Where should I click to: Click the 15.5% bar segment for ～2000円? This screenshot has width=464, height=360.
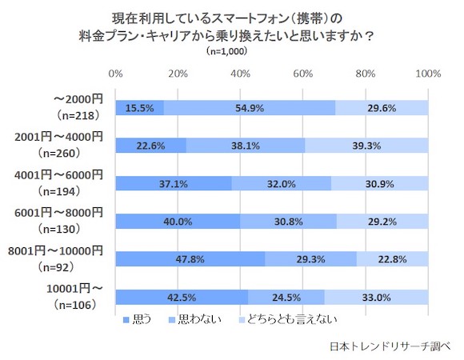click(x=139, y=108)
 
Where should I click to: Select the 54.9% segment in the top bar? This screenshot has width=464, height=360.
click(x=250, y=108)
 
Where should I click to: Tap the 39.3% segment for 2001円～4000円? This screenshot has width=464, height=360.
click(x=366, y=146)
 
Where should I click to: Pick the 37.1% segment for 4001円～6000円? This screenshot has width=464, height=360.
click(x=174, y=183)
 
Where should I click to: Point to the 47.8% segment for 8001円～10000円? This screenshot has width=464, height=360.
click(x=190, y=258)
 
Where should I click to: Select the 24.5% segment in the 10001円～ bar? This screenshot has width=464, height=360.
click(x=286, y=296)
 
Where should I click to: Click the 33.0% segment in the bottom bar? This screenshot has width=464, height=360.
click(x=376, y=296)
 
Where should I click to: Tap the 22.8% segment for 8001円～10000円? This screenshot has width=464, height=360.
click(x=392, y=258)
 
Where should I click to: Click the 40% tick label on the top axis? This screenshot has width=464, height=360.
click(x=240, y=74)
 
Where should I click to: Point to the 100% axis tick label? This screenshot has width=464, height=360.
click(x=428, y=74)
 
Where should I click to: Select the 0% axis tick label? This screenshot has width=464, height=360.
click(x=116, y=74)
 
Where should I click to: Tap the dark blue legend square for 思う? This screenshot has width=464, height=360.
click(x=125, y=320)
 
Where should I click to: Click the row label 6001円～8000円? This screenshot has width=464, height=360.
click(x=59, y=212)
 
